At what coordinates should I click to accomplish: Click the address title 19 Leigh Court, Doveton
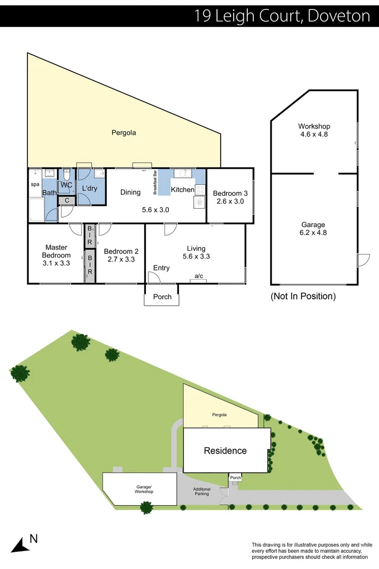(x=282, y=15)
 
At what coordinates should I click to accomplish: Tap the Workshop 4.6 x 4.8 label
(x=314, y=130)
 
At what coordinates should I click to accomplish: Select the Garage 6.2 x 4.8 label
(x=314, y=228)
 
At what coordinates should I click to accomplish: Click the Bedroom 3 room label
(x=230, y=197)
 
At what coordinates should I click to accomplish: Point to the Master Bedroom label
(x=57, y=255)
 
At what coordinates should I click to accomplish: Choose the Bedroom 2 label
(x=121, y=255)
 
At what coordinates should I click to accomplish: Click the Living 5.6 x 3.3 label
(x=196, y=252)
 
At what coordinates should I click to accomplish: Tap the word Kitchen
(x=183, y=190)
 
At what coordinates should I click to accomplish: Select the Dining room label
(x=130, y=192)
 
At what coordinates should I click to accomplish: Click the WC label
(x=66, y=185)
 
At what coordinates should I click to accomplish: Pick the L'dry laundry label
(x=89, y=188)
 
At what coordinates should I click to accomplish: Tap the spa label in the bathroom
(x=35, y=185)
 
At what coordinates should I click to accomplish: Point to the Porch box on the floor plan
(x=162, y=297)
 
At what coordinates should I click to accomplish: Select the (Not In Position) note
(x=303, y=297)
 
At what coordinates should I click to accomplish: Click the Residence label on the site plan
(x=225, y=450)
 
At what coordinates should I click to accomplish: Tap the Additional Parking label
(x=202, y=492)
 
